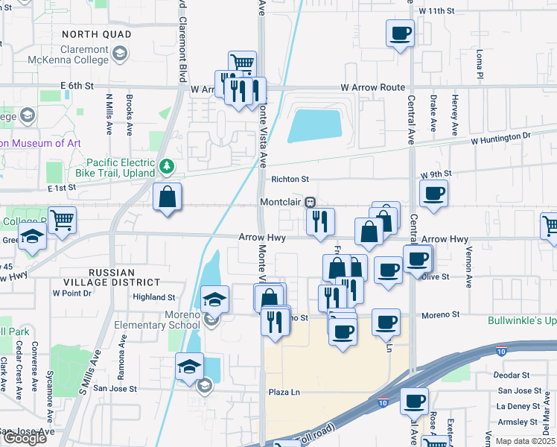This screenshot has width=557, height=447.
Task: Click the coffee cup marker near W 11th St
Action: [x=401, y=34]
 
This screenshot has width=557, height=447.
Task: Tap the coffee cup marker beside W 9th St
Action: [x=433, y=194]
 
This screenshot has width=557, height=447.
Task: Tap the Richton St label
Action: [x=290, y=180]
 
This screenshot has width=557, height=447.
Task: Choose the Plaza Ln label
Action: [x=284, y=391]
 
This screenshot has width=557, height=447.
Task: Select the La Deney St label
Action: [x=514, y=406]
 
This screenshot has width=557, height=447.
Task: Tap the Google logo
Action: [x=24, y=438]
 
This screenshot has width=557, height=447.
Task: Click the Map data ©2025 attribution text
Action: [x=524, y=441]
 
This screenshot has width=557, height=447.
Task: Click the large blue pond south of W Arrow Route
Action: [x=313, y=126]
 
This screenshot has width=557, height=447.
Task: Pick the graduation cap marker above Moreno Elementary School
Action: [x=214, y=299]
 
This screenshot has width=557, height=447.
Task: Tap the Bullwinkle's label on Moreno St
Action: [x=521, y=321]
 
